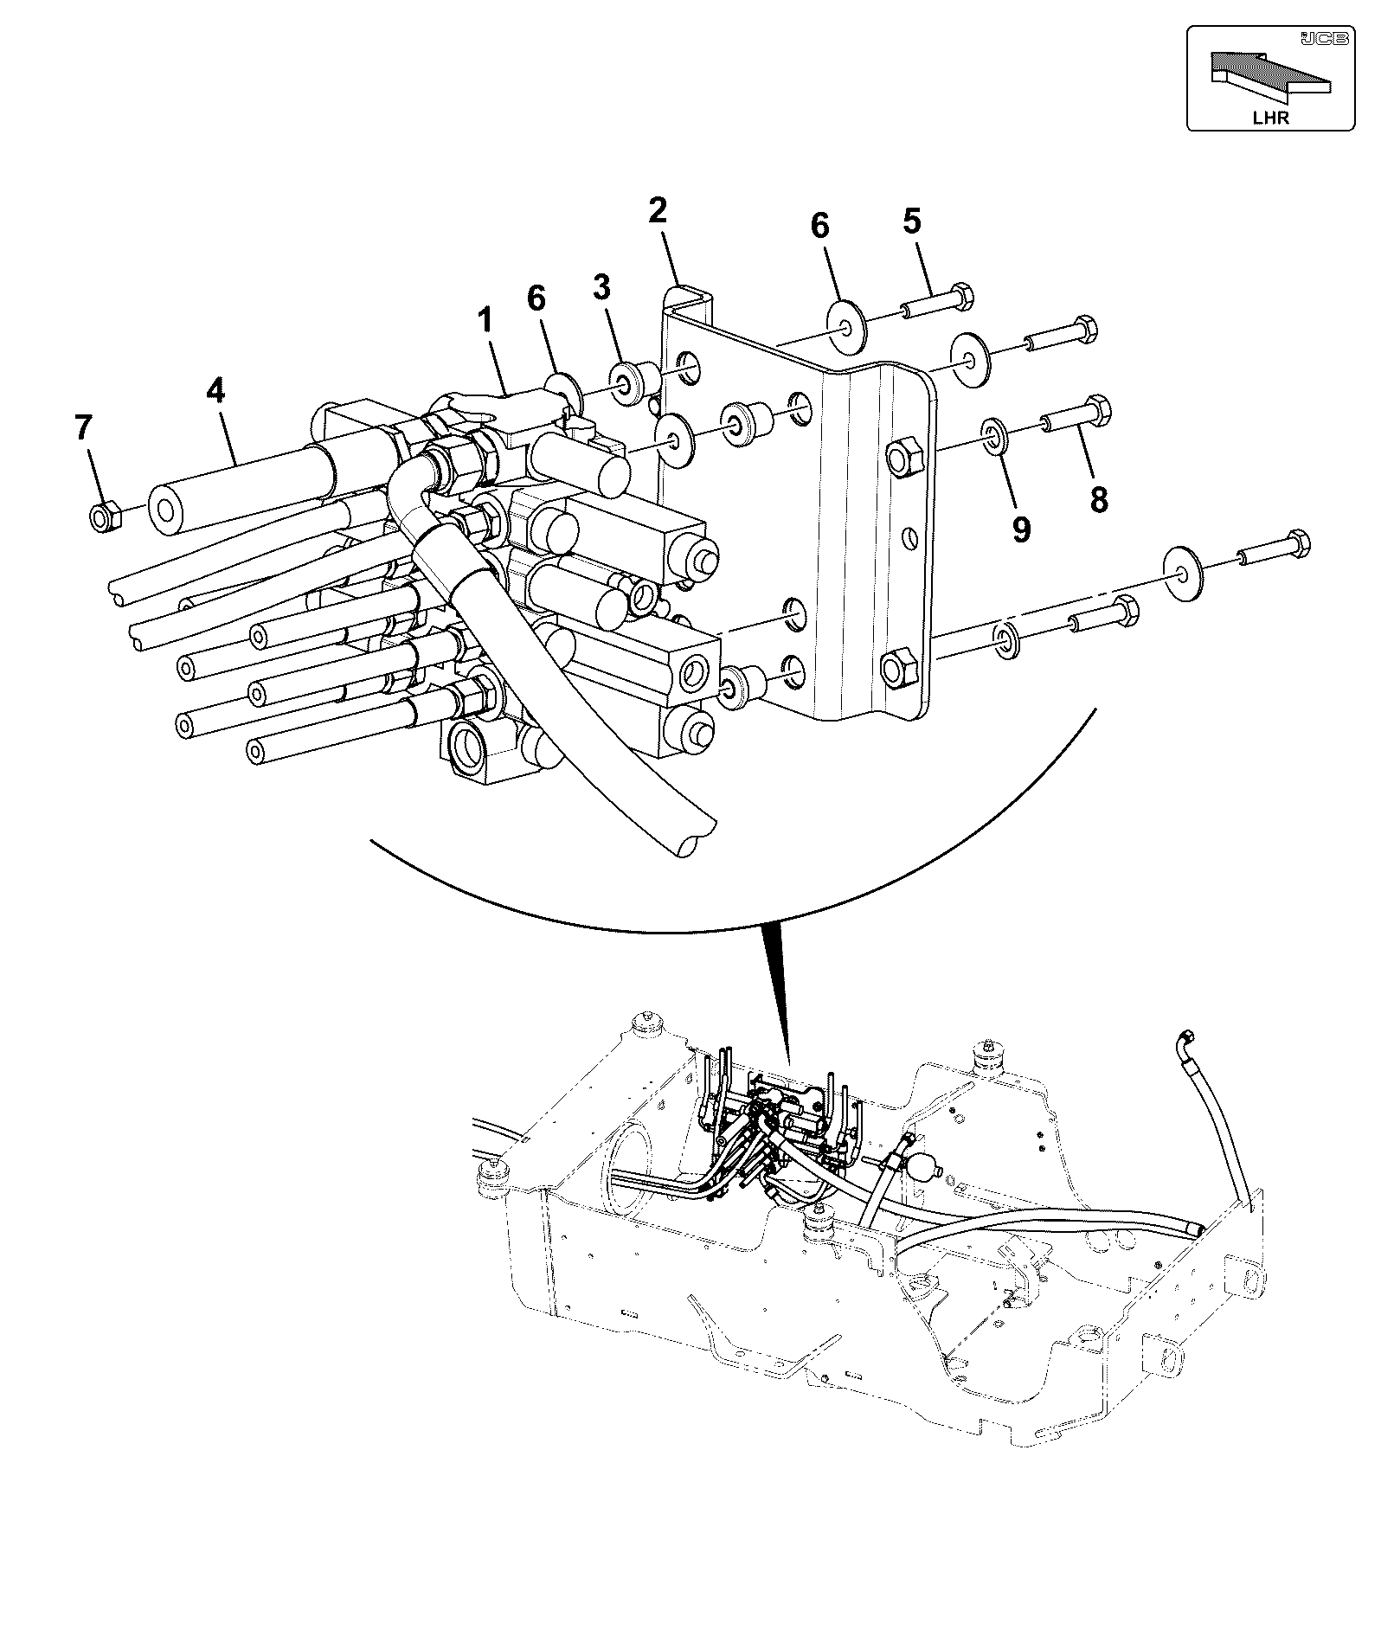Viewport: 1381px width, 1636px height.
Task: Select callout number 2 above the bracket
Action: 658,210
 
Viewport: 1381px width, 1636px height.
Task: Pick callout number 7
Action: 82,428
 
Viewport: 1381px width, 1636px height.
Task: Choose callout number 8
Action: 1099,499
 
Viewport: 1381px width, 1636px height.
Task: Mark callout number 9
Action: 1021,529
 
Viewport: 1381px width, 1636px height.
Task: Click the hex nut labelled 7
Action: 105,518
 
